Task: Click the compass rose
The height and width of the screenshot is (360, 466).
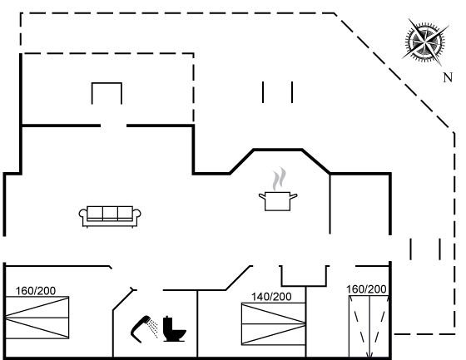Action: pos(425,42)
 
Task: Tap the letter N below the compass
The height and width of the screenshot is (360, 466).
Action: pos(448,78)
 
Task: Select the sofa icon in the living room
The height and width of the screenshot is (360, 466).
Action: pos(110,216)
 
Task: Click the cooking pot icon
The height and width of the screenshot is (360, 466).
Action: pos(278,201)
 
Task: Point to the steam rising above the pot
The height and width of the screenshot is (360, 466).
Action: pos(279,179)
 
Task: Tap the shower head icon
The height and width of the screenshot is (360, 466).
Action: pos(141,328)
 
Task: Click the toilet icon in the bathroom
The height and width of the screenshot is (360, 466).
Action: pos(174,328)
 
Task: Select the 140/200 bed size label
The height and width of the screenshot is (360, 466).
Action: pos(271,297)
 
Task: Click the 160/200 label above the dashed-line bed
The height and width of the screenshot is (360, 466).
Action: pos(366,289)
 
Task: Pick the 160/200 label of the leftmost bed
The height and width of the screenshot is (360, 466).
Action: pos(35,291)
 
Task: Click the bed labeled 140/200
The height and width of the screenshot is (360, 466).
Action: pos(274,323)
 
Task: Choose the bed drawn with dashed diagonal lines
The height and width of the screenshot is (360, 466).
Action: pos(369,326)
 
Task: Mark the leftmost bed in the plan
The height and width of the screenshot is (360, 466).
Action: pos(37,318)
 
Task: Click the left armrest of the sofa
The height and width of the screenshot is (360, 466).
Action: pos(83,215)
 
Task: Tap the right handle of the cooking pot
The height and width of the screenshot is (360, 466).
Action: pos(293,196)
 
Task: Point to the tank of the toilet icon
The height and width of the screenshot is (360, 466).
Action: pos(167,322)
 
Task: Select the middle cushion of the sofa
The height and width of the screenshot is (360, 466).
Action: pos(110,214)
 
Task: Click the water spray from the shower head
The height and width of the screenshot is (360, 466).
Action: pos(153,328)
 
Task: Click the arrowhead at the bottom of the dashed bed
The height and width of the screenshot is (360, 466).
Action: pos(369,355)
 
